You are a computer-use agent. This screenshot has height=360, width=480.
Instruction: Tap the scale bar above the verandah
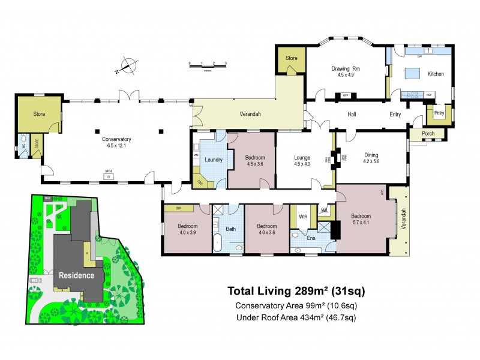tap(207, 64)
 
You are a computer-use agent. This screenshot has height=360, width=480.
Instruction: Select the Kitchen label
tap(436, 74)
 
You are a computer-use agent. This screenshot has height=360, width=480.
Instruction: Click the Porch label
tap(428, 133)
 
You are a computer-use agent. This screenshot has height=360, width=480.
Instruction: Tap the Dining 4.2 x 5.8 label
tap(371, 158)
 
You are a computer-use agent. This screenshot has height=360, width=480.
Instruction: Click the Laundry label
tap(213, 159)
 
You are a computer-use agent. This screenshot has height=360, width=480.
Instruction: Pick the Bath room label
tap(231, 229)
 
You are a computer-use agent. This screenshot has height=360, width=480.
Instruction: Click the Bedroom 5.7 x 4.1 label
tap(361, 219)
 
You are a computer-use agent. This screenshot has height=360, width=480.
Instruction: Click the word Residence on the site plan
tap(76, 275)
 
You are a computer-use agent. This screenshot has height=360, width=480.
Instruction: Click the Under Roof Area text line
tap(296, 317)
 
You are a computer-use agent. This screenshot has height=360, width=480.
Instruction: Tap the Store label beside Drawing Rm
tap(291, 58)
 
